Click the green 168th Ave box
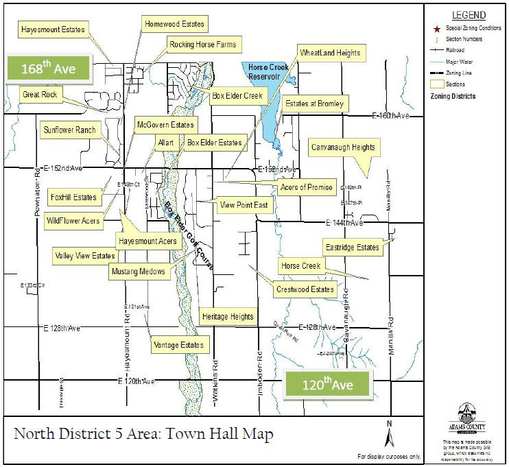click(48, 69)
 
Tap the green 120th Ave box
click(328, 385)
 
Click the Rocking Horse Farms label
click(202, 45)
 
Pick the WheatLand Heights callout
click(329, 53)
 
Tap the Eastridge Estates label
click(351, 248)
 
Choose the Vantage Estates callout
click(178, 344)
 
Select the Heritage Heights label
click(228, 317)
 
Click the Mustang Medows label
click(138, 272)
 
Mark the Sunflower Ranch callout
click(69, 129)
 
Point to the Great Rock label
click(39, 94)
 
